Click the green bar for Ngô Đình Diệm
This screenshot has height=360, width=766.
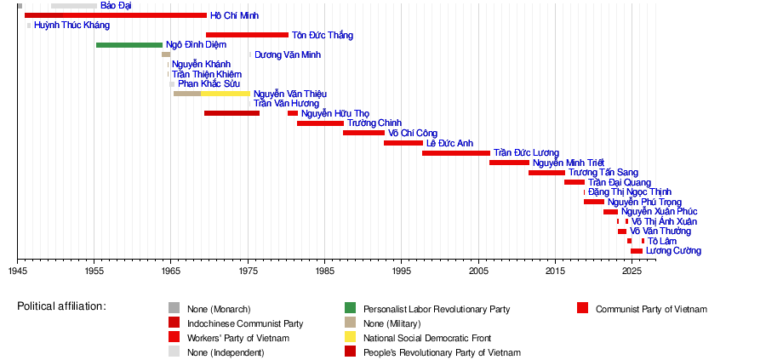(129, 45)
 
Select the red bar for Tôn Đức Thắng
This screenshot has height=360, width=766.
(247, 35)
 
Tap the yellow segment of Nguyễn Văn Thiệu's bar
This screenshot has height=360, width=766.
(226, 94)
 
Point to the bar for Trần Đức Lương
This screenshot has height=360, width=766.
(456, 153)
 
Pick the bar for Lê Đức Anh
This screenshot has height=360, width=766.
(403, 143)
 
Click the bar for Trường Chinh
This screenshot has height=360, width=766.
(321, 123)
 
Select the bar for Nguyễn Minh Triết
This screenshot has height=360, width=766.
(510, 163)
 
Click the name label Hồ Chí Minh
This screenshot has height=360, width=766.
(235, 15)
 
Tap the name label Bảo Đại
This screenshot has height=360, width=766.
(116, 5)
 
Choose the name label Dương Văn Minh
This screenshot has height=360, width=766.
(288, 54)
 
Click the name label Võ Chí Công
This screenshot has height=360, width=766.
(412, 133)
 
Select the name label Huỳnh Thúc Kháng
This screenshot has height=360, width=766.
(71, 26)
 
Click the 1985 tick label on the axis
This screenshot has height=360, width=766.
(324, 270)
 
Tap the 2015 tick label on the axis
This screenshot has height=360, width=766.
(555, 270)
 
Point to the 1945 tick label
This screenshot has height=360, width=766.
(17, 270)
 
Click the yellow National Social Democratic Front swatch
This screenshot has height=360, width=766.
(351, 337)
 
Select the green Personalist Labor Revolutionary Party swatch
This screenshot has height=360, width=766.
(351, 308)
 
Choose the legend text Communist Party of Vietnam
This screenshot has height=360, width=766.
(651, 309)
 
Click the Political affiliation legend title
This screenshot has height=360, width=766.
(61, 306)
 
